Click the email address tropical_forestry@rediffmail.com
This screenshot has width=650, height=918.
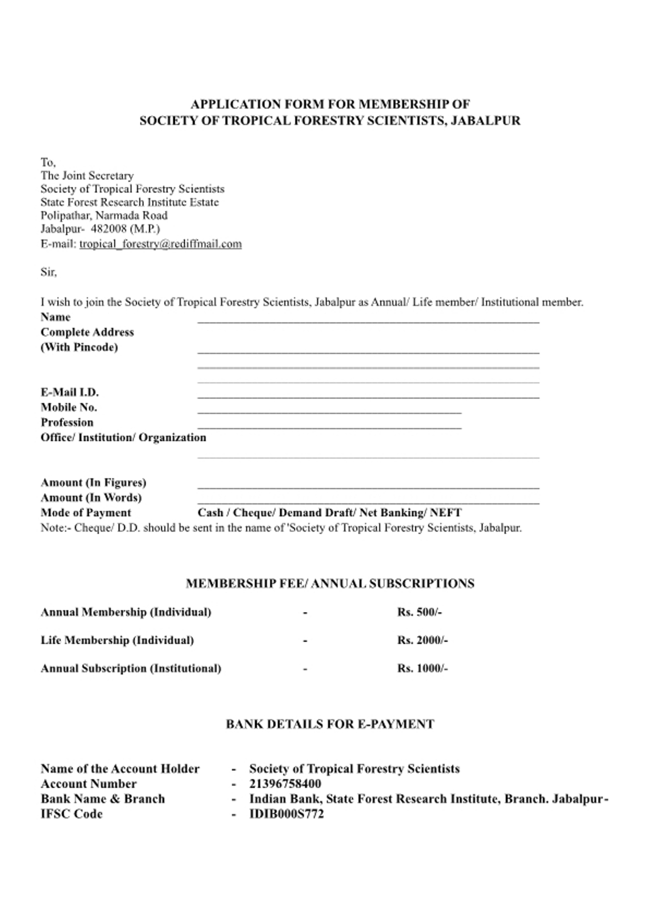tap(160, 244)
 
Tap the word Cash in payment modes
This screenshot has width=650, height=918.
tap(210, 512)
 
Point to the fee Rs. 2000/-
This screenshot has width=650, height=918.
tap(422, 640)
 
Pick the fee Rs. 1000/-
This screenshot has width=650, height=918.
tap(422, 668)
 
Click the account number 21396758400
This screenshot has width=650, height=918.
tap(285, 783)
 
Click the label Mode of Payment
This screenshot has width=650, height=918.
tap(86, 512)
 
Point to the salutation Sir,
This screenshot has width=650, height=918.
tap(48, 272)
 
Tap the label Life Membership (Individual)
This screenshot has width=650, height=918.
tap(117, 640)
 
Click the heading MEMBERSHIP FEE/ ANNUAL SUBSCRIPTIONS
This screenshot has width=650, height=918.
tap(330, 583)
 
